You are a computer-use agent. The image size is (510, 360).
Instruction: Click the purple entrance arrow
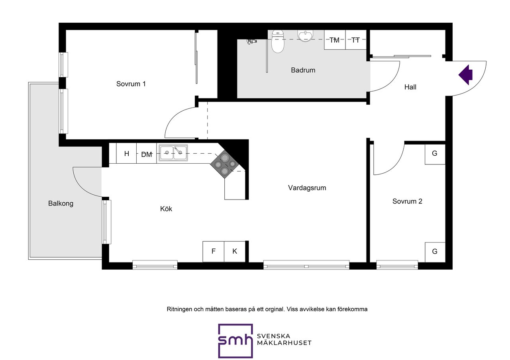[466, 74]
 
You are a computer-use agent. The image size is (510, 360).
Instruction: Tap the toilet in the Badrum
[278, 41]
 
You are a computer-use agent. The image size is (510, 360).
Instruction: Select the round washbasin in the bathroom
[305, 36]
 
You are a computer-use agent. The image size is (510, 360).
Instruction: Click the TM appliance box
[335, 40]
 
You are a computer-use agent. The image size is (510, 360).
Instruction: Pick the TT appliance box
[356, 40]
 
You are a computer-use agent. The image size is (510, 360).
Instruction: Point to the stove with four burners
[225, 164]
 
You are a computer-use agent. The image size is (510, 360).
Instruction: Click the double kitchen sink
[173, 153]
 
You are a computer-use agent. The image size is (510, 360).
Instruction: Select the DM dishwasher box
[146, 153]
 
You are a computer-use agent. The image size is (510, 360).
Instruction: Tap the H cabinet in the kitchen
[126, 153]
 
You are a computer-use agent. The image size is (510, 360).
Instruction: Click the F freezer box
[213, 251]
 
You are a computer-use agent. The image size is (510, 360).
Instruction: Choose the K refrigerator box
[235, 251]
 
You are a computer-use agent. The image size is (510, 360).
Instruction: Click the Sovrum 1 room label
[131, 84]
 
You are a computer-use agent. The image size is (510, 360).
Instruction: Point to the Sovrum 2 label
[407, 201]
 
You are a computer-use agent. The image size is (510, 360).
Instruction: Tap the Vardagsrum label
[307, 188]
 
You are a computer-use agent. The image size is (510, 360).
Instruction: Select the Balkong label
[61, 203]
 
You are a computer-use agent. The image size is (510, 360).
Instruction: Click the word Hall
[410, 87]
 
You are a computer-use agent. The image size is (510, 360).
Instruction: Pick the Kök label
[166, 209]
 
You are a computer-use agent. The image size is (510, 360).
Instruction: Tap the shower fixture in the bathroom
[252, 41]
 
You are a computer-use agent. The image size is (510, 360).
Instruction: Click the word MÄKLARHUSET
[284, 343]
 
